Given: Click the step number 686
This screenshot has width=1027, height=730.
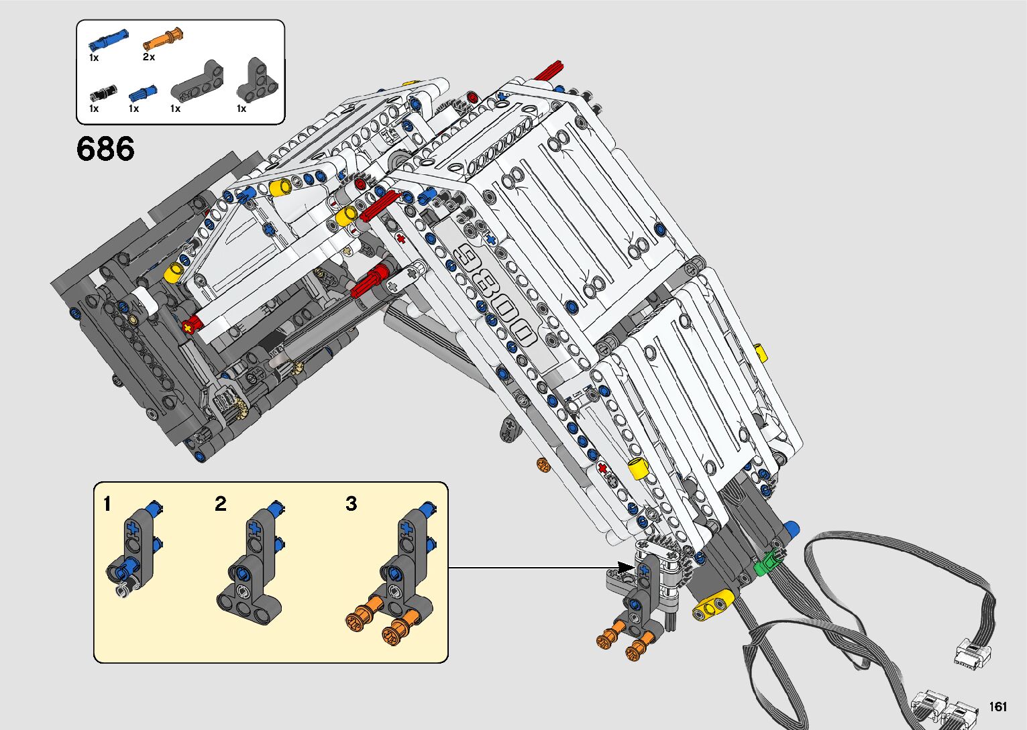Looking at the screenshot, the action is pos(105,148).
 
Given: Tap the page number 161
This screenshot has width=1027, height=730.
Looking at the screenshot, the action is pos(997,706).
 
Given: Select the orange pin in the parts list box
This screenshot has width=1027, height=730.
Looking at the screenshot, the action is pos(163,40).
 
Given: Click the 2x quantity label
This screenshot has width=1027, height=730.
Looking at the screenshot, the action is pos(149,57).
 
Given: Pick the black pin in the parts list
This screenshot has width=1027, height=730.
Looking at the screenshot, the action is pos(103,93).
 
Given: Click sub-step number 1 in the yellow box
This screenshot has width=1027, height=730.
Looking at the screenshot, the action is pos(107,503).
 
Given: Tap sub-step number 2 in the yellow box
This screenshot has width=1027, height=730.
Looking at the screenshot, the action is pos(221,503).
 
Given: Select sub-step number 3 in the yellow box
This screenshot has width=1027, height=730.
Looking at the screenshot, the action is pos(352,503).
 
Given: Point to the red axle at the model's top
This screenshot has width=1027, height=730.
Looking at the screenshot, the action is pos(548,71).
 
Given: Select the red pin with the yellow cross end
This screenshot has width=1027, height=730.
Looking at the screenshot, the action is pos(193,324).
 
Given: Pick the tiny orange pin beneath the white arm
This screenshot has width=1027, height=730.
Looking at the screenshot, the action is pos(543,465).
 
